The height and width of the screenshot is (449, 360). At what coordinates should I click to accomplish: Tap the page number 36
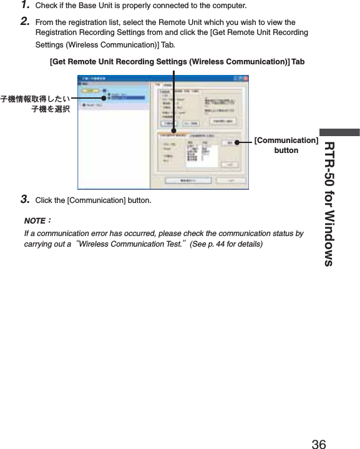click(318, 444)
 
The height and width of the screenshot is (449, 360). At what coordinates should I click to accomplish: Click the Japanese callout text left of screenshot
click(36, 103)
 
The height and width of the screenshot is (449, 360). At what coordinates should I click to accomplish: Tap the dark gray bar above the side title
click(339, 132)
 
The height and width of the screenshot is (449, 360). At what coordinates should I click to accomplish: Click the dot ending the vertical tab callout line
click(174, 131)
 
